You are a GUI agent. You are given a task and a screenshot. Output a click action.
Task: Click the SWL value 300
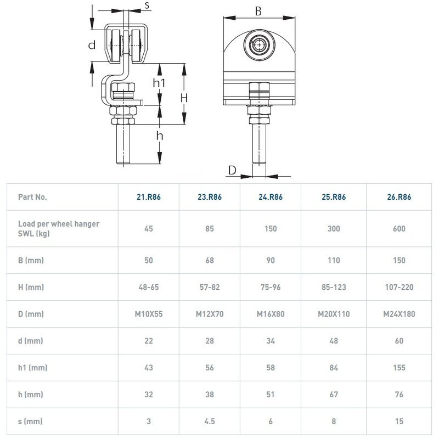pos(334,228)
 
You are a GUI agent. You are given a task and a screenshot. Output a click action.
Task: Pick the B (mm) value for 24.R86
pos(271,260)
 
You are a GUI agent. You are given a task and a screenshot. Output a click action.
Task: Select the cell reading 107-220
pos(399,287)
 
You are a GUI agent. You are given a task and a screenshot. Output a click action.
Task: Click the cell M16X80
pos(271,314)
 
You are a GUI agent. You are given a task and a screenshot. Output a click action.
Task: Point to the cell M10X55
pos(149,314)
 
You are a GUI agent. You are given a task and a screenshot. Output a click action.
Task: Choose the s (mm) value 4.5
pos(210,421)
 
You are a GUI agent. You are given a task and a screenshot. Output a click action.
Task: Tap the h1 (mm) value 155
pos(399,368)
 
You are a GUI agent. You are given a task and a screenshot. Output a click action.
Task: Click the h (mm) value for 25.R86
pos(334,395)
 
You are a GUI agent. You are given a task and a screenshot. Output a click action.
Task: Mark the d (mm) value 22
pos(149,341)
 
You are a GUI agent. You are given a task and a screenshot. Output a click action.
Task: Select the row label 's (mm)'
pos(30,421)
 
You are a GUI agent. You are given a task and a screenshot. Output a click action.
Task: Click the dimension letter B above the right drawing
pos(258,11)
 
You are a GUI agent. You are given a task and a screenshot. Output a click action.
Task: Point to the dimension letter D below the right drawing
pos(232,171)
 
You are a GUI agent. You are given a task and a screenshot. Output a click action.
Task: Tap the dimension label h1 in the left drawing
pos(160,83)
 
